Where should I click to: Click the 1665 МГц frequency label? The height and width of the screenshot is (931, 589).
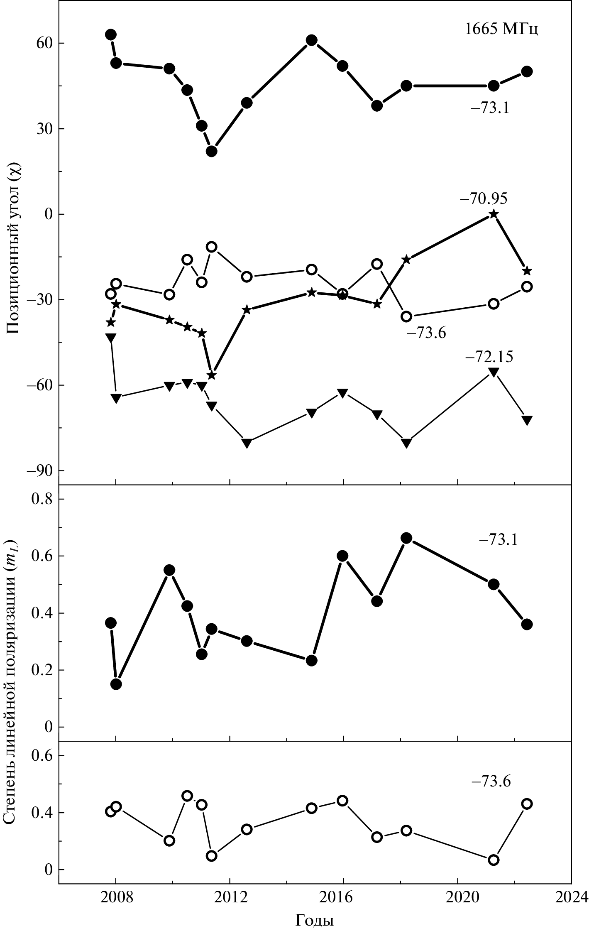pos(501,30)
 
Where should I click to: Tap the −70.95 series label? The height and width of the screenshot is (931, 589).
pos(483,199)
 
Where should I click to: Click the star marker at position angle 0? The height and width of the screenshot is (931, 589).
pos(494,214)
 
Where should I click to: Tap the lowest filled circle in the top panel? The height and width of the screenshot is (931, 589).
pos(212,152)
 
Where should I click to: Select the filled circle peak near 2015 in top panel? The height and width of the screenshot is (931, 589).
pos(312,40)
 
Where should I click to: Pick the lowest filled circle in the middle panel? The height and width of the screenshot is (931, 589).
pos(116,684)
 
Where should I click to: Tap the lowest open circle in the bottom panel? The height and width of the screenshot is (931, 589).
pos(494,860)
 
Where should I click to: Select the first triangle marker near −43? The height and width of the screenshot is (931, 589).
pos(111,337)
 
